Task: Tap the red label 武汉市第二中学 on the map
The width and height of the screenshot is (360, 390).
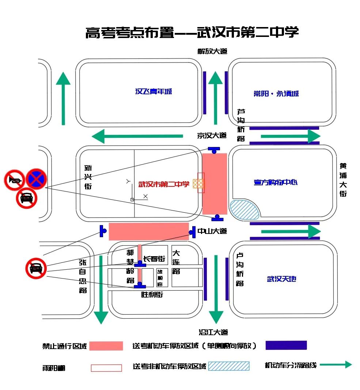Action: coord(164,184)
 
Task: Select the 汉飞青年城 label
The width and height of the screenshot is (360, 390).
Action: coord(154,91)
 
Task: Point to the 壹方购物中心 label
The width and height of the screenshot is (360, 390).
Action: coord(276,182)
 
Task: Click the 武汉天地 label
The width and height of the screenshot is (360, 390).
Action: coord(281,279)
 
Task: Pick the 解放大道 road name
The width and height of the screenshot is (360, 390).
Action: coord(212,51)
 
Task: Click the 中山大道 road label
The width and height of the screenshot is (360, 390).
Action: coord(212,231)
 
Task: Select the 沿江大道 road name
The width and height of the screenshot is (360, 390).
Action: coord(213,332)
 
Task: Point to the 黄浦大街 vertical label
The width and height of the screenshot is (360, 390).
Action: coord(343,179)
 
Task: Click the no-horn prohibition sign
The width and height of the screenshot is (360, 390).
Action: coord(14,180)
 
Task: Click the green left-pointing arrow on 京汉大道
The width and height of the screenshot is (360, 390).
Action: coord(137,136)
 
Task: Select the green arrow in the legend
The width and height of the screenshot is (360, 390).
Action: coord(336,364)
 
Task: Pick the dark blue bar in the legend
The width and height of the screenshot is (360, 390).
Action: coord(286,345)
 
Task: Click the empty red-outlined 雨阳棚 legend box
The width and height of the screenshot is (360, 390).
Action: coord(106,368)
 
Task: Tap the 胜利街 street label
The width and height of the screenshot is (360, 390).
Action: coord(152,294)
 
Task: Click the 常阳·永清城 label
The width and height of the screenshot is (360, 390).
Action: coord(276,94)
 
